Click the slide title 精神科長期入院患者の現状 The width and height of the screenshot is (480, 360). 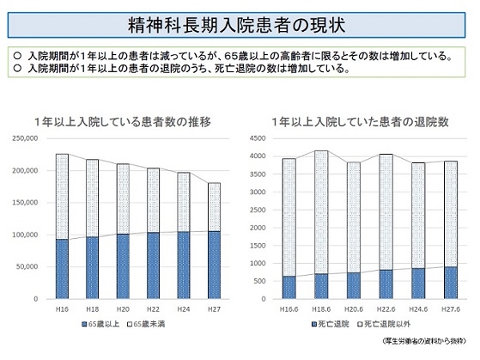240,19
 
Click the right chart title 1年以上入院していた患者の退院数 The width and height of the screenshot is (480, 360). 359,121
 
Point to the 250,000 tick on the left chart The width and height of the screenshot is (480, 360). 27,138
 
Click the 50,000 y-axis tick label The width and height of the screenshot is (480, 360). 30,266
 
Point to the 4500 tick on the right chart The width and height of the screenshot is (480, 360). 258,138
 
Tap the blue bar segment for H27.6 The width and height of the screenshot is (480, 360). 450,283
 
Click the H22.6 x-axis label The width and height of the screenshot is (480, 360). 386,308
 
